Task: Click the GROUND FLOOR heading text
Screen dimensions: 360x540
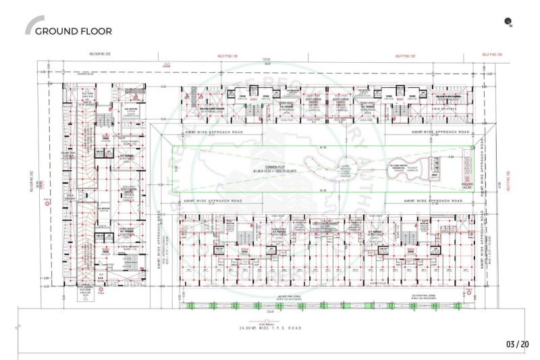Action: pos(73,30)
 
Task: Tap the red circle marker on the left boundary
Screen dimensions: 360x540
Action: pos(45,201)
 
